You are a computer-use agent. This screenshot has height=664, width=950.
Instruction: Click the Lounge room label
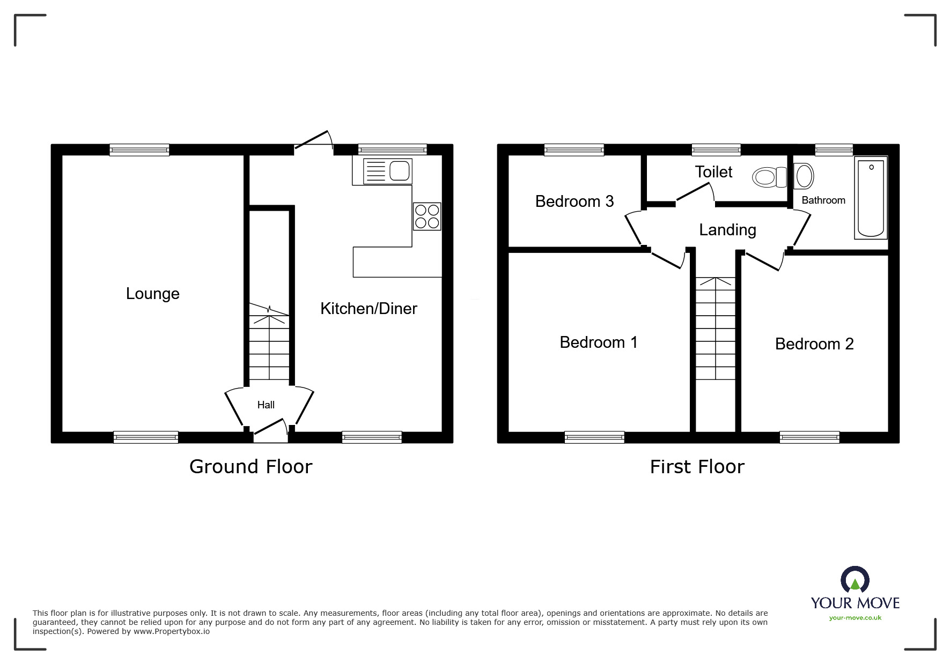point(152,294)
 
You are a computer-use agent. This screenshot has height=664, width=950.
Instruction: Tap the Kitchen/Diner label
point(369,309)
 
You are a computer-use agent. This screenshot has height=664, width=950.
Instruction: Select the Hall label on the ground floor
point(266,405)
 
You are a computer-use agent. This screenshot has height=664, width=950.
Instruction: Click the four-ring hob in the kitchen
point(427,217)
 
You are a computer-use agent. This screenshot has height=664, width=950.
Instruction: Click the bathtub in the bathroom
point(871,198)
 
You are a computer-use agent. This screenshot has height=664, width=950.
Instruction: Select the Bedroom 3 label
point(574,202)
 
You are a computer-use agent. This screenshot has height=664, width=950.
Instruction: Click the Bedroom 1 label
point(598,342)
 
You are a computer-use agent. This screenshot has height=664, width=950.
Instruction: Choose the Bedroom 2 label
point(814,344)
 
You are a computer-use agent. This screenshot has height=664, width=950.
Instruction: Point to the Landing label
point(727,230)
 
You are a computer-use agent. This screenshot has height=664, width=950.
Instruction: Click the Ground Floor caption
point(251,467)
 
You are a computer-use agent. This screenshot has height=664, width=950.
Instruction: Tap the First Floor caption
point(697,467)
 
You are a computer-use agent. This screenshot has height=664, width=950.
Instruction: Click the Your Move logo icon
point(855,580)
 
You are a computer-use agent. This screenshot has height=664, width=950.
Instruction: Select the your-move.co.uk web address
point(855,618)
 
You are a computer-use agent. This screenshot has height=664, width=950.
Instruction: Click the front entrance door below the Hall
point(270,429)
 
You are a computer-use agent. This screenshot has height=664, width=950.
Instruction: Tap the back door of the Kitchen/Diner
point(314,140)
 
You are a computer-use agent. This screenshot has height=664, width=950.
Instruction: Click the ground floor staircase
point(269,346)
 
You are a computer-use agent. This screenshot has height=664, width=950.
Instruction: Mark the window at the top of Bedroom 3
point(574,150)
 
